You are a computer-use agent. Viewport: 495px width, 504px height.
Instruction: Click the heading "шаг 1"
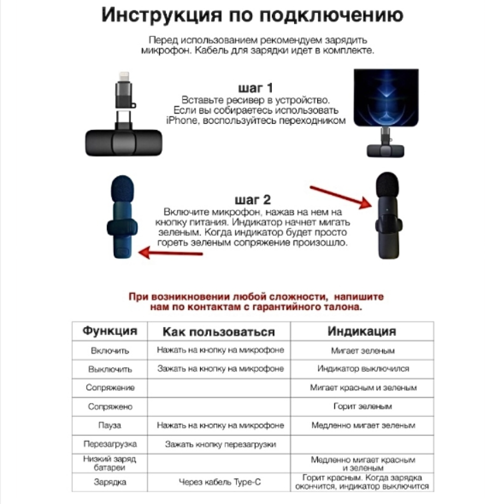coord(255,89)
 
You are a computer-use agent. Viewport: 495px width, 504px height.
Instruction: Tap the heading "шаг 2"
coord(254,200)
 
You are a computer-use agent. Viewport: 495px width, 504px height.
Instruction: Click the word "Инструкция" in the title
coord(159,15)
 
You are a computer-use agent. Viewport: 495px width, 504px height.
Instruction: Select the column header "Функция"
coord(109,330)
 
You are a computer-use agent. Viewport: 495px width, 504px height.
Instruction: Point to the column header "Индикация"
coord(362,331)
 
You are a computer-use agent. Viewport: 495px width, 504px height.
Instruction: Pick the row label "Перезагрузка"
coord(110,444)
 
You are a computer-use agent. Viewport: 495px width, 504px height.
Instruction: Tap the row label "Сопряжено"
coord(110,407)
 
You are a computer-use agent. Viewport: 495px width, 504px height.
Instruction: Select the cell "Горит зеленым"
coord(362,407)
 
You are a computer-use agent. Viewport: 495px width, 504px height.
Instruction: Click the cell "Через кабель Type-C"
coord(220,482)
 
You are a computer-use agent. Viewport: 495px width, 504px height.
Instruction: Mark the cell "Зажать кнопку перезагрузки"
coord(220,444)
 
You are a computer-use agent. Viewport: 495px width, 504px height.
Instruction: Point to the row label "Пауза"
coord(110,425)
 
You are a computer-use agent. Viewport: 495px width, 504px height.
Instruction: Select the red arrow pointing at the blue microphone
coord(170,253)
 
